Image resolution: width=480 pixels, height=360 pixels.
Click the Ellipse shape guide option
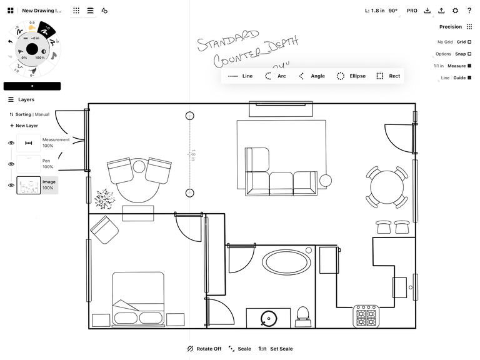click(x=351, y=76)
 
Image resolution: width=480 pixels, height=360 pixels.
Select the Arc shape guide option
click(x=276, y=76)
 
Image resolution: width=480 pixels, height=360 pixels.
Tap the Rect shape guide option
click(x=388, y=76)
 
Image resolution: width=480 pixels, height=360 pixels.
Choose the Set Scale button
click(x=276, y=349)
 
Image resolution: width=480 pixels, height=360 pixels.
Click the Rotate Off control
click(x=204, y=349)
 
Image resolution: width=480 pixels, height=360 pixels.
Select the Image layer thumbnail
click(x=29, y=185)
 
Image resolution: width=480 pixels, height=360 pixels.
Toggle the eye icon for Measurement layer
click(x=11, y=143)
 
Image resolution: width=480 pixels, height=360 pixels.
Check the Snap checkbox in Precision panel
click(x=469, y=54)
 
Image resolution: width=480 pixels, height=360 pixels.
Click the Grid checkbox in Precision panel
click(x=469, y=42)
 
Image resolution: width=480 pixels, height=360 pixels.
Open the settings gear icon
click(x=455, y=11)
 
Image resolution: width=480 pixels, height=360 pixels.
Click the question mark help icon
click(x=469, y=11)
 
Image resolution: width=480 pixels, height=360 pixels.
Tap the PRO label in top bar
click(x=412, y=11)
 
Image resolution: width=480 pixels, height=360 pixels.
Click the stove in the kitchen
click(x=366, y=316)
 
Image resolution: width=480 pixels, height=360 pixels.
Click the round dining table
click(x=387, y=186)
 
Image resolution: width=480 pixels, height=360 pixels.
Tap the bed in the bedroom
click(x=139, y=297)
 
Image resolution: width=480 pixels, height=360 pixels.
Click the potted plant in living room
click(x=104, y=199)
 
